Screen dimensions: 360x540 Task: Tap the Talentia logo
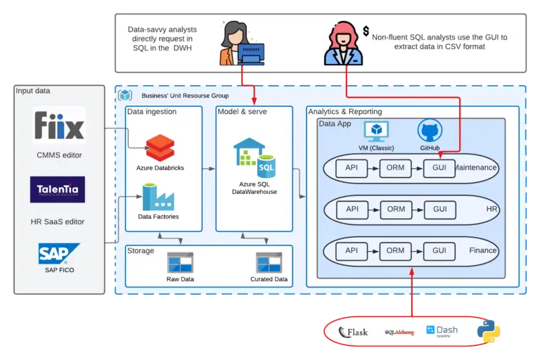(x=58, y=190)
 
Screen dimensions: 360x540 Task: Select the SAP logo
(x=59, y=254)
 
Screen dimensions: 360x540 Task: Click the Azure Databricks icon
(x=160, y=146)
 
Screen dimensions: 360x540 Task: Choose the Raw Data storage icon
(x=180, y=263)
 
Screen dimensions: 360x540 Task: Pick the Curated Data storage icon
(x=269, y=263)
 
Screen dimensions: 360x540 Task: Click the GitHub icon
(x=430, y=131)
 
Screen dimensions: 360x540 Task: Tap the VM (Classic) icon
(x=376, y=131)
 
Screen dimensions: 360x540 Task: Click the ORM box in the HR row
(x=396, y=210)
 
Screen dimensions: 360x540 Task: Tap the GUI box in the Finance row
(x=439, y=250)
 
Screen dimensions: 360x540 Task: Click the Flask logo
(x=353, y=332)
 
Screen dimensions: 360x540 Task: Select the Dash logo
(x=442, y=331)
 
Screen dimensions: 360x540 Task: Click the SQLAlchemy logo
(x=399, y=332)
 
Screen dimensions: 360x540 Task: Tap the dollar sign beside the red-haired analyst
(x=366, y=31)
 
